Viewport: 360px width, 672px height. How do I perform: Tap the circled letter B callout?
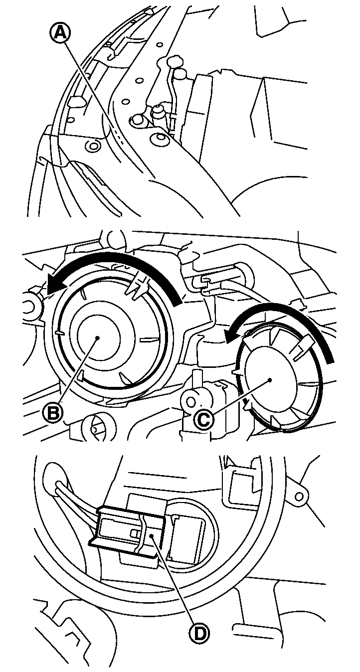click(53, 413)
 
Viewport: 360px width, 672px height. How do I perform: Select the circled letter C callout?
click(203, 420)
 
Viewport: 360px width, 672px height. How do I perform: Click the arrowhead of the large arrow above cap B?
click(55, 284)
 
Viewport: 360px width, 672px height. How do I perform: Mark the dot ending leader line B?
click(98, 338)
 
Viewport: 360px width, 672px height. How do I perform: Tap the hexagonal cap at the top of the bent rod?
click(175, 62)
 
